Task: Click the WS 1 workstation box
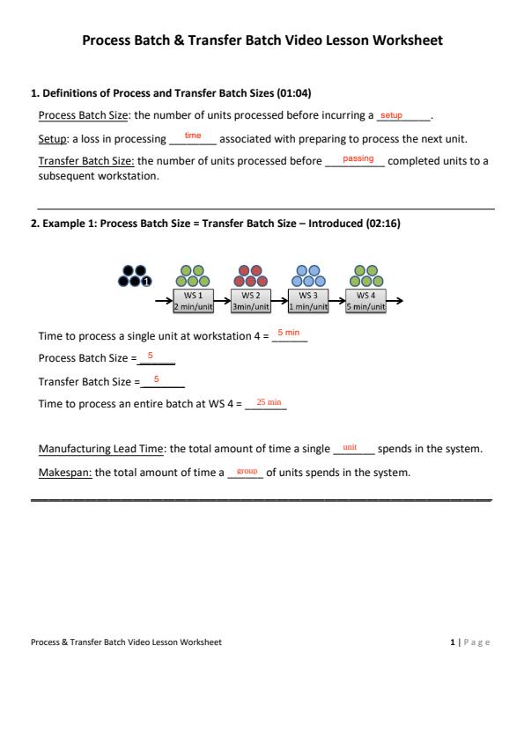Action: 193,301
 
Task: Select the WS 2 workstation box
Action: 251,301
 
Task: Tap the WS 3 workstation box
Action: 308,301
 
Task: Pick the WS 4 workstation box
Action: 365,301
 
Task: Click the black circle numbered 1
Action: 146,282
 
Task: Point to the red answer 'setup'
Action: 391,114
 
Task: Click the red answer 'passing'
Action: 358,158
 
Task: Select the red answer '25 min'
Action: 269,402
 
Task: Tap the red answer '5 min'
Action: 289,333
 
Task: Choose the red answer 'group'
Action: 247,471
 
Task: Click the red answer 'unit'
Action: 350,447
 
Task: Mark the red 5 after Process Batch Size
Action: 150,356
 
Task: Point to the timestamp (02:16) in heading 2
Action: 383,223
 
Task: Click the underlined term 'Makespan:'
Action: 65,473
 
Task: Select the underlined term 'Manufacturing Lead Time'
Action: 101,449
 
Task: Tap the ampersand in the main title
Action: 179,40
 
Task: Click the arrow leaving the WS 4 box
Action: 395,301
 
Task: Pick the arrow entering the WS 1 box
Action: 164,301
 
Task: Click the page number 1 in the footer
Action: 453,642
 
